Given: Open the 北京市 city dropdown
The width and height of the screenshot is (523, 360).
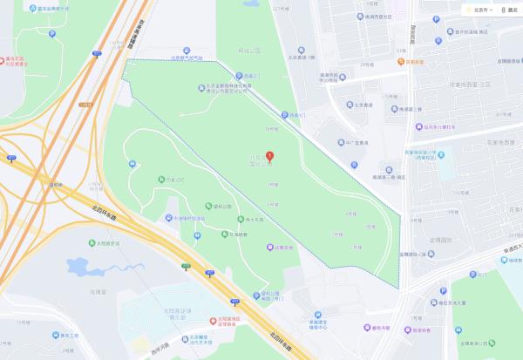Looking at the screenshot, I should (x=479, y=10).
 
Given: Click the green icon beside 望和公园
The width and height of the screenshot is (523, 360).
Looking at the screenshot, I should (x=208, y=207).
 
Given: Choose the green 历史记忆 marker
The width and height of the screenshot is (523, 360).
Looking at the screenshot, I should (x=161, y=180).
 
